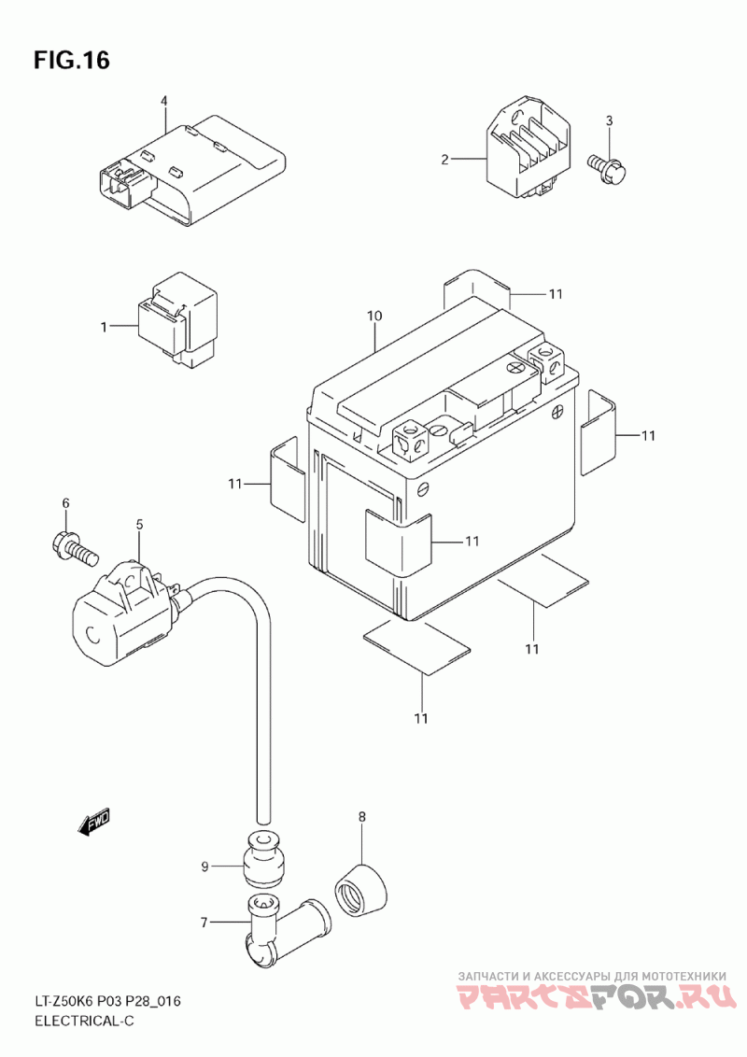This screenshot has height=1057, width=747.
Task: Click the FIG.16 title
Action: click(x=72, y=60)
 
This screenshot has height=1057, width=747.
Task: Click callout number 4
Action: click(x=163, y=101)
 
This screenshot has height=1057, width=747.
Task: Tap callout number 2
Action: click(x=444, y=160)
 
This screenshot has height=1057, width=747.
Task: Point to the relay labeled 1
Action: click(x=177, y=318)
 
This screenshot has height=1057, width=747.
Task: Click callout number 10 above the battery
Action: click(x=374, y=315)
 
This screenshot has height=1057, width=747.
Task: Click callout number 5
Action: click(x=139, y=524)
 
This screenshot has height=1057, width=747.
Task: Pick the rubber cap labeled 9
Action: click(x=261, y=857)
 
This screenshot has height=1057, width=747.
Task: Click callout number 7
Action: click(x=204, y=922)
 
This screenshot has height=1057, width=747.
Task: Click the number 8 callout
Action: click(x=362, y=816)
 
